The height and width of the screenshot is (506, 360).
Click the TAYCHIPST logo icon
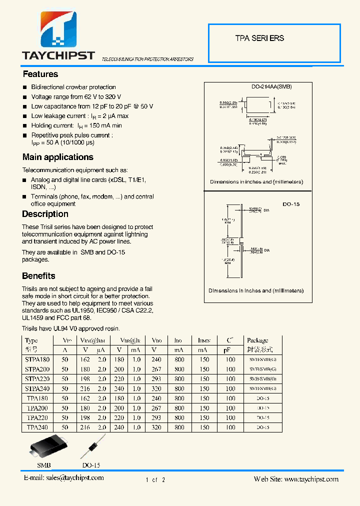58,30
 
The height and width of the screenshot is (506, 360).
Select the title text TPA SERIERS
259,38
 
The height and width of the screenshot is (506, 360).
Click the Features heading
40,74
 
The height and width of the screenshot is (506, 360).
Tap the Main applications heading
58,157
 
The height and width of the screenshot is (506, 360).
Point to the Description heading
45,214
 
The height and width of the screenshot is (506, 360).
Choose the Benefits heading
38,275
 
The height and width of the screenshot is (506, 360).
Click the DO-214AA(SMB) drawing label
271,86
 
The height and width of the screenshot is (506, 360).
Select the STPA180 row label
37,359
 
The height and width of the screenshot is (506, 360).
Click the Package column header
257,340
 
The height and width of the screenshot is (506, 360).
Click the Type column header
31,340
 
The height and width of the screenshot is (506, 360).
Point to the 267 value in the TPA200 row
156,408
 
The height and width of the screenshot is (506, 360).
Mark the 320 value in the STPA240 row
156,388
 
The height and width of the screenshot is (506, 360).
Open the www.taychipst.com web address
311,479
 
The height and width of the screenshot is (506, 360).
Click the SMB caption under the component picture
44,465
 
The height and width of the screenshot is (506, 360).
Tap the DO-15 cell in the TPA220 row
262,417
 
